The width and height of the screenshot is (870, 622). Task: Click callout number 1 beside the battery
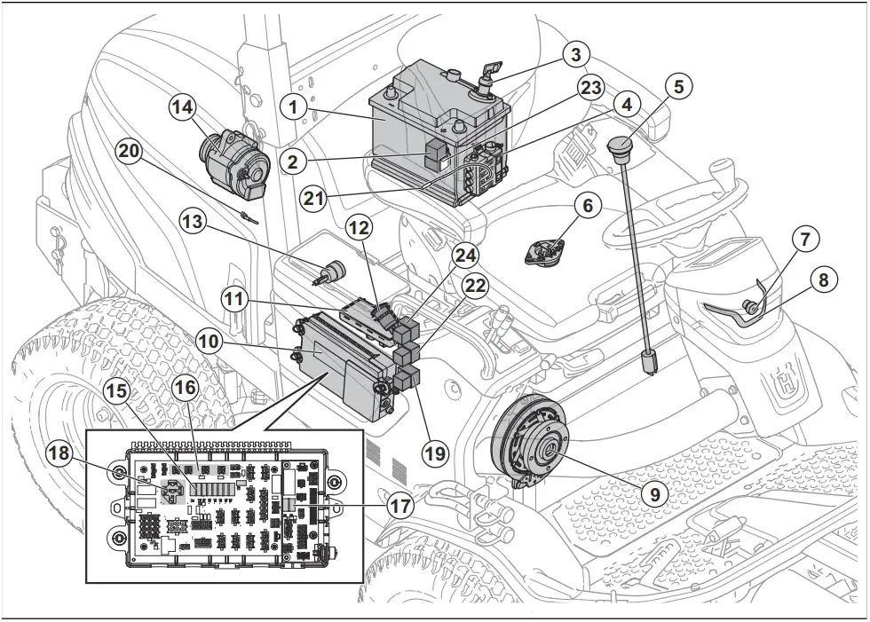coord(292,106)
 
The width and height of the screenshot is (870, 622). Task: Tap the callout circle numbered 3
coord(575,55)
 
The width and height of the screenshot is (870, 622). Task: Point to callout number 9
coord(654,493)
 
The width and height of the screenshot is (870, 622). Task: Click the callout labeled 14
coord(182,108)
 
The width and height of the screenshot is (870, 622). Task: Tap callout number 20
coord(130,152)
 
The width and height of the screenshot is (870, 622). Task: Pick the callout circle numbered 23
coord(590,87)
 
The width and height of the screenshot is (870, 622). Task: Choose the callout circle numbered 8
coord(823,280)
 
